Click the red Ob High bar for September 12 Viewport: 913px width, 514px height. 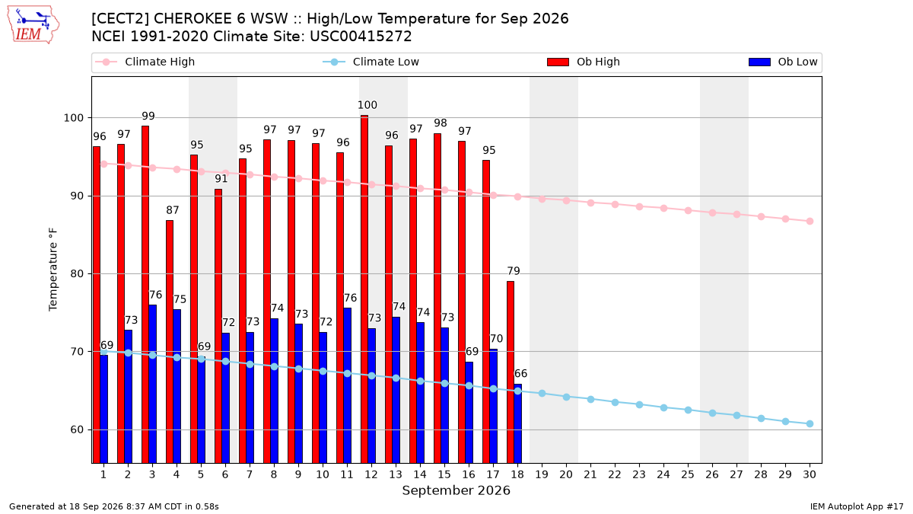[364, 289]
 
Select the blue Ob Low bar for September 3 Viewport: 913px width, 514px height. [152, 384]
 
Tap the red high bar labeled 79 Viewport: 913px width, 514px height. [511, 372]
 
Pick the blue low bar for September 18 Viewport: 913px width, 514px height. [517, 423]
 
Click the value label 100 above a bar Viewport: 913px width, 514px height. [367, 105]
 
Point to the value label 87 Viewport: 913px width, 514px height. [173, 210]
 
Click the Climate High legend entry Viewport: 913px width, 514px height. [145, 62]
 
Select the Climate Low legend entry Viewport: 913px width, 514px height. [371, 62]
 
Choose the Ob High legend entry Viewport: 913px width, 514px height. [584, 62]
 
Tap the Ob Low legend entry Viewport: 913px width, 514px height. [783, 62]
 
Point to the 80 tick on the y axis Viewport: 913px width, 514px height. [76, 273]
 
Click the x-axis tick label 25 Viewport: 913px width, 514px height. [688, 474]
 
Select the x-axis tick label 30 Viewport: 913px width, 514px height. [810, 474]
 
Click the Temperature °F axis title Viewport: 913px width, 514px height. [53, 270]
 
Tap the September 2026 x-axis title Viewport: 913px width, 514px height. [456, 490]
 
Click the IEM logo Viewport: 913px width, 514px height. [33, 25]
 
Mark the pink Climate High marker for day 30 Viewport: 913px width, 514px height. [810, 221]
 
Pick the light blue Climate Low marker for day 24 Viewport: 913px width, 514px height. [663, 407]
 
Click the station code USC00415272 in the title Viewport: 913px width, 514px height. [361, 37]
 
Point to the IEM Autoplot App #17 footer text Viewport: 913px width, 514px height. [857, 506]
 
